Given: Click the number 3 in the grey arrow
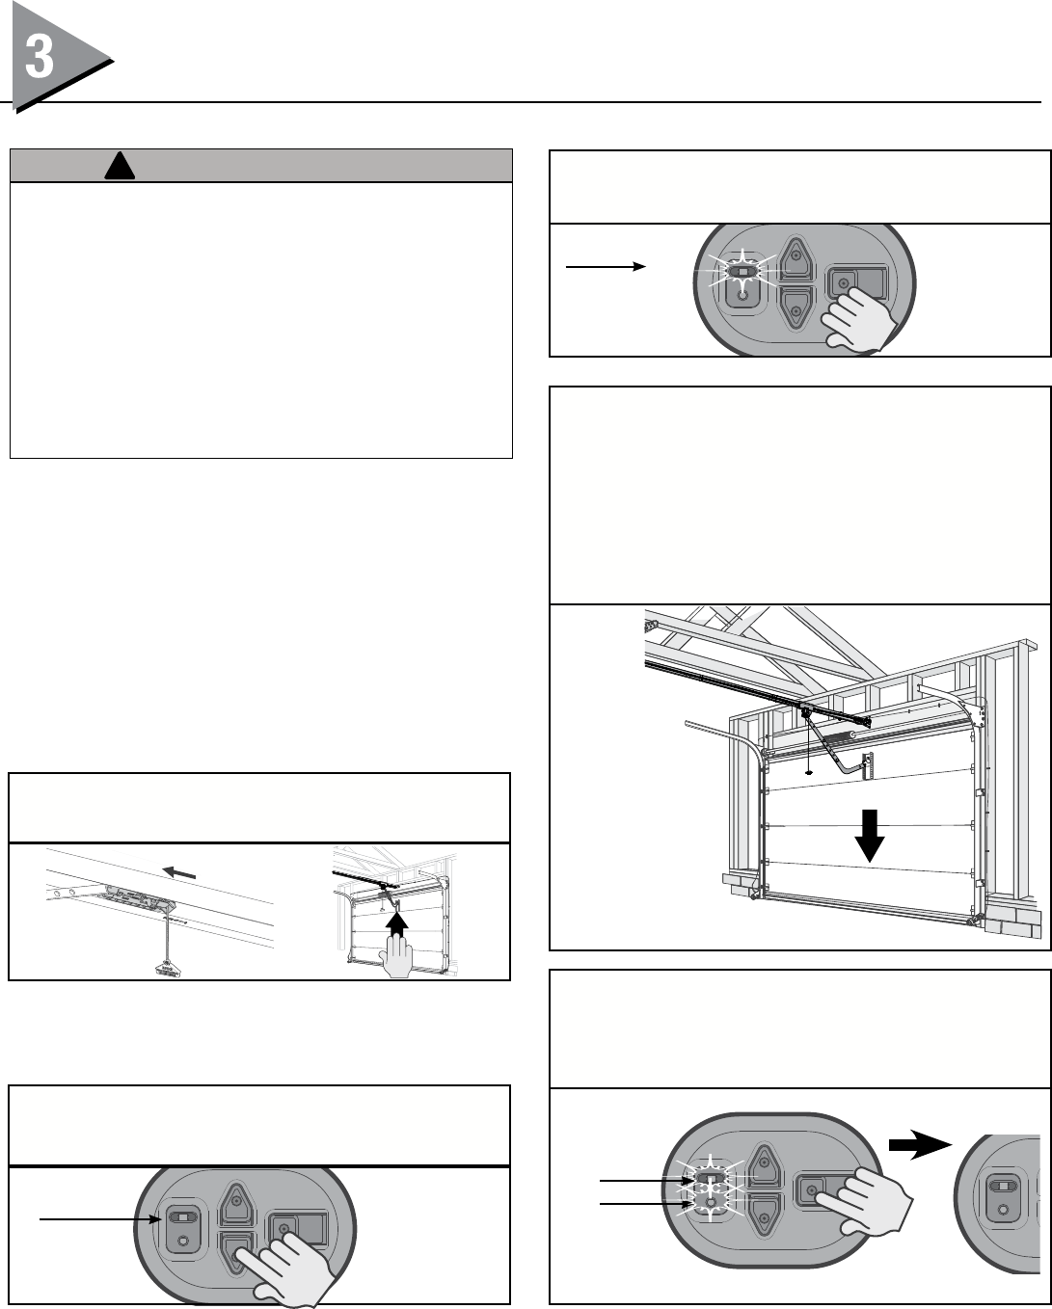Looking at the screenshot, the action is (40, 58).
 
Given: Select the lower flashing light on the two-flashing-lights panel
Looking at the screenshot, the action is (711, 1204).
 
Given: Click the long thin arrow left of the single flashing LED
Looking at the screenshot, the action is (605, 267).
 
